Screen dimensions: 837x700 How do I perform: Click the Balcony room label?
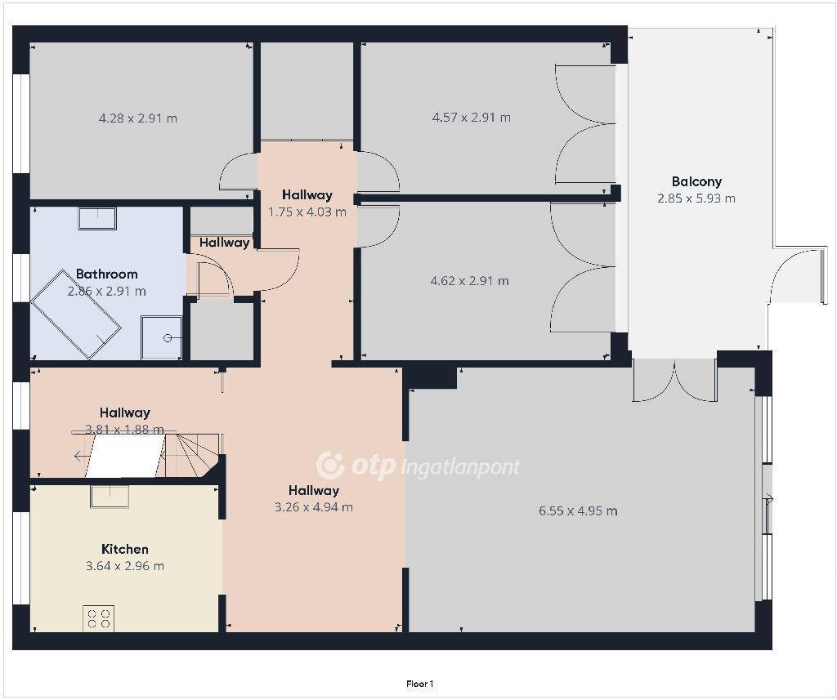(x=696, y=181)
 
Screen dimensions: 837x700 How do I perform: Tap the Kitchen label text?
(x=125, y=549)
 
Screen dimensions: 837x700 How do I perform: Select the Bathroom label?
(x=107, y=274)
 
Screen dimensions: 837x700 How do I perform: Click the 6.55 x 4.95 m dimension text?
(x=578, y=511)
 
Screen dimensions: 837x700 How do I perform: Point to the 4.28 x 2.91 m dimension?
(x=138, y=118)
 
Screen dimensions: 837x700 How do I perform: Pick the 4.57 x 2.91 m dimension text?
(x=472, y=118)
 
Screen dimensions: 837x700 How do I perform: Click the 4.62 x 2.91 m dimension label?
(x=470, y=281)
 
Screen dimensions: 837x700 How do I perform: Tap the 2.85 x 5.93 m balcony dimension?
(x=696, y=198)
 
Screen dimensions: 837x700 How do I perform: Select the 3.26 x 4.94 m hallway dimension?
(x=314, y=507)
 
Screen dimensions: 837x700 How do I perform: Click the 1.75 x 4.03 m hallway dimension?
(x=307, y=212)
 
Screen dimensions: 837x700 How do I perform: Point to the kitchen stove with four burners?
(x=99, y=618)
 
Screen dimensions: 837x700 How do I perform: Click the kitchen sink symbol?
(x=110, y=497)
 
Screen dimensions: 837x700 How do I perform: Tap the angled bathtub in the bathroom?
(x=75, y=314)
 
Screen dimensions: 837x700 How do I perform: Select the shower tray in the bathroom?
(x=162, y=337)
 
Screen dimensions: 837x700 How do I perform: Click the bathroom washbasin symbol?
(x=98, y=218)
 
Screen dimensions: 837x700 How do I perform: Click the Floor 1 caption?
(x=420, y=684)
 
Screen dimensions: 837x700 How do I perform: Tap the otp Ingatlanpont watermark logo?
(x=418, y=466)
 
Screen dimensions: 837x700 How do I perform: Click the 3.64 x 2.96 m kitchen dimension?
(x=125, y=566)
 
